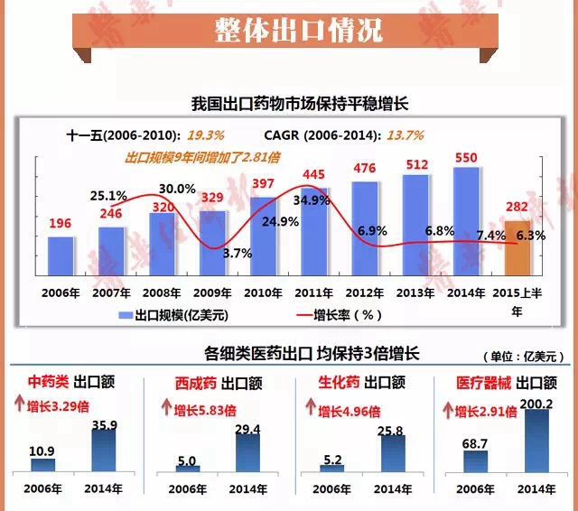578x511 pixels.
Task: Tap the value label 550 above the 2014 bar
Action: click(x=465, y=157)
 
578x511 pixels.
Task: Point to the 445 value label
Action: click(x=314, y=174)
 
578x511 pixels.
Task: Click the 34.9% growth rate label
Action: click(x=312, y=200)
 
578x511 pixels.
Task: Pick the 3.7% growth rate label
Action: click(x=237, y=253)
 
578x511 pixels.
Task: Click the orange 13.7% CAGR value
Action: click(x=406, y=135)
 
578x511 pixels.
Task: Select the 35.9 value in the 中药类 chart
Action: click(x=107, y=426)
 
